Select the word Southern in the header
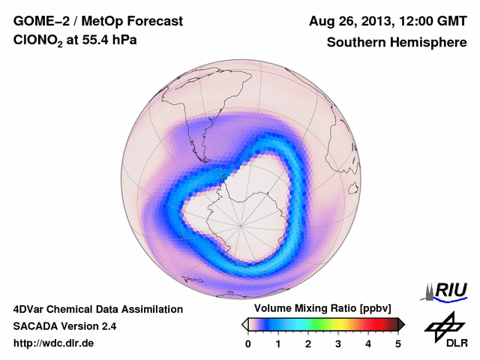point(355,43)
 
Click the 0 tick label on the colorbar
point(248,343)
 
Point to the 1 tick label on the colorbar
point(278,343)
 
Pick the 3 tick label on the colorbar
point(338,343)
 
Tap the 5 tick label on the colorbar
point(398,343)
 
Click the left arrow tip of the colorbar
point(244,324)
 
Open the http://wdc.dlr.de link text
point(54,343)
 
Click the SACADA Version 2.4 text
point(64,326)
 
